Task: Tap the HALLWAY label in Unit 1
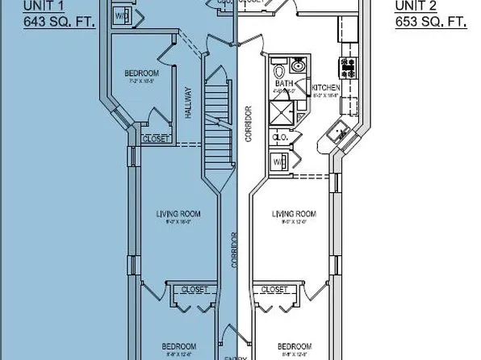[188, 103]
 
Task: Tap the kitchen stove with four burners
[350, 62]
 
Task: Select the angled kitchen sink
[338, 133]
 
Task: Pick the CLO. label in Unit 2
[279, 137]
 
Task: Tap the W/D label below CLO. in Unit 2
[279, 161]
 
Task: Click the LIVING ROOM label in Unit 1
[178, 214]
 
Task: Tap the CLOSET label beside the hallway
[156, 139]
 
